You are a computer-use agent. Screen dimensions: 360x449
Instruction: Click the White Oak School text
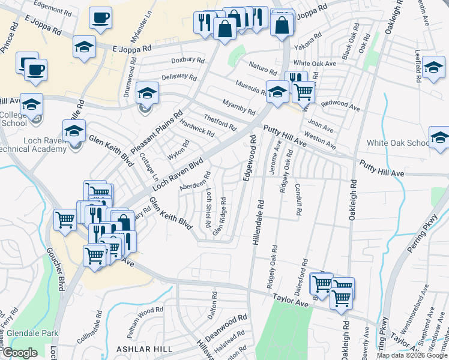click(x=397, y=143)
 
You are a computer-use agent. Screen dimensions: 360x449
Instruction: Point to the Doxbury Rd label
click(x=184, y=60)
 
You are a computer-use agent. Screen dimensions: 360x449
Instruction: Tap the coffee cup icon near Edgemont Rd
click(x=101, y=18)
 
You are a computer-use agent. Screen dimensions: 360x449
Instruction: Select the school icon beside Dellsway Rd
click(x=146, y=93)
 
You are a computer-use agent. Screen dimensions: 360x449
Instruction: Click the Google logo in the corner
click(x=20, y=353)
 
